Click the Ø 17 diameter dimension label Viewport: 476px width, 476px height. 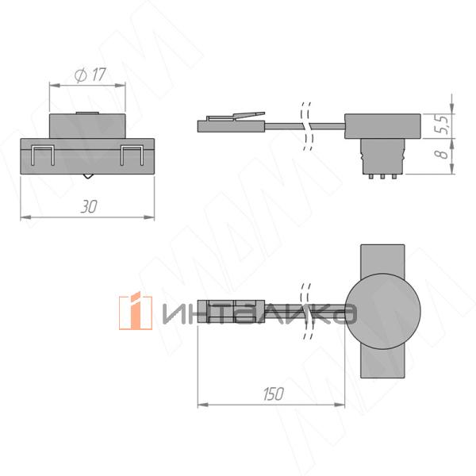90,75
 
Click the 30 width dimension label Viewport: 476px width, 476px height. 89,206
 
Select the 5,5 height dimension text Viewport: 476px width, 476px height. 441,124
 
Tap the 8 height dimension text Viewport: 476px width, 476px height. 443,154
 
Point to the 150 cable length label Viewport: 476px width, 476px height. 273,394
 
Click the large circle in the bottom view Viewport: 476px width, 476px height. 383,311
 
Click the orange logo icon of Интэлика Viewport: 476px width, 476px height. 136,311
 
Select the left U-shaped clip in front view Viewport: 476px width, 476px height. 43,155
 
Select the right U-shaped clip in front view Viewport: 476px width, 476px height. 132,155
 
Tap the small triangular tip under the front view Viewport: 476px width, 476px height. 87,176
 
